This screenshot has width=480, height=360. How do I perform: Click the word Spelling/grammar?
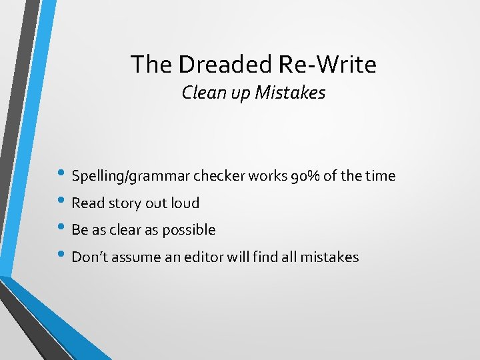130,177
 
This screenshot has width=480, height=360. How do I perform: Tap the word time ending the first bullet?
380,177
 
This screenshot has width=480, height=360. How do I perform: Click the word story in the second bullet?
125,203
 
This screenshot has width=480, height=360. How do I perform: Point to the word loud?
185,203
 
